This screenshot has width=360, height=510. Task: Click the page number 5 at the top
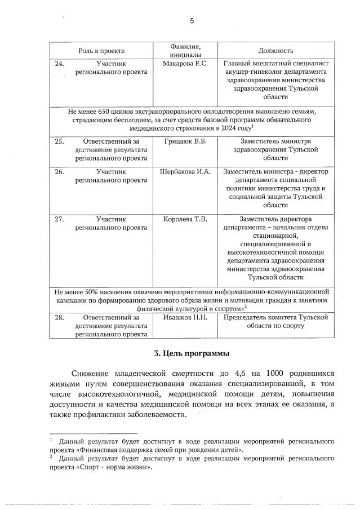(x=192, y=21)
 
